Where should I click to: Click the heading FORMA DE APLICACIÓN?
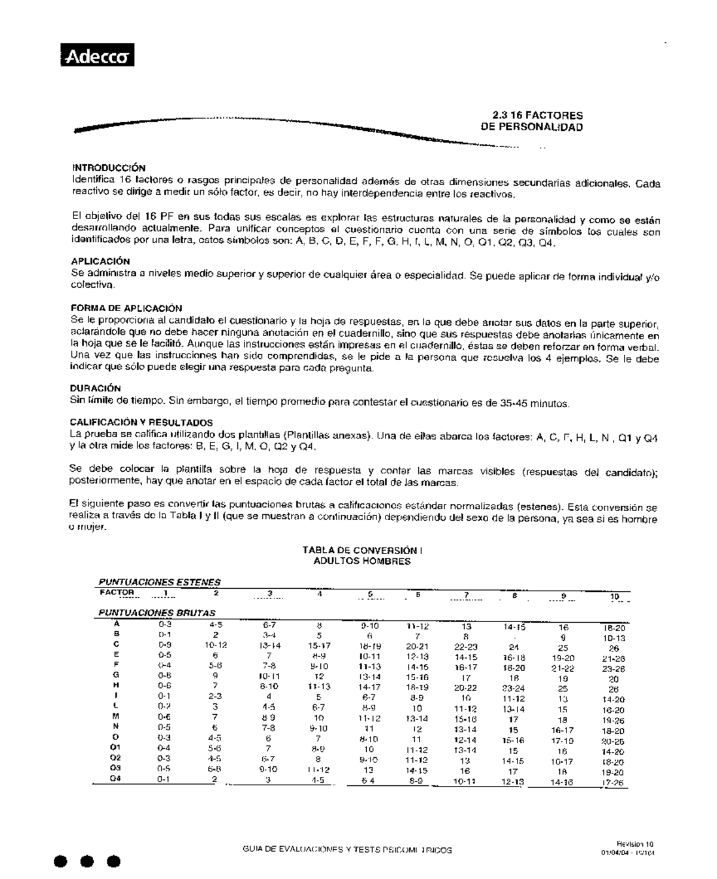tap(126, 308)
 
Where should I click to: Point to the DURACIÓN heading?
tap(96, 388)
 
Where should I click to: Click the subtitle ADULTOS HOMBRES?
tap(362, 561)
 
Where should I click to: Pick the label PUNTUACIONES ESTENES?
tap(159, 582)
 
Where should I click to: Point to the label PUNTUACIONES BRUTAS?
tap(157, 613)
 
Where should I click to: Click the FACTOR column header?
tap(117, 593)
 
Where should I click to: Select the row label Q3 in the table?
tap(116, 768)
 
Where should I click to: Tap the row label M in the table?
tap(116, 716)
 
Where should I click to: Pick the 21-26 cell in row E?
tap(613, 658)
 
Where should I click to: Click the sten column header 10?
tap(614, 597)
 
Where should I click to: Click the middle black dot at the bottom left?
tap(87, 862)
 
